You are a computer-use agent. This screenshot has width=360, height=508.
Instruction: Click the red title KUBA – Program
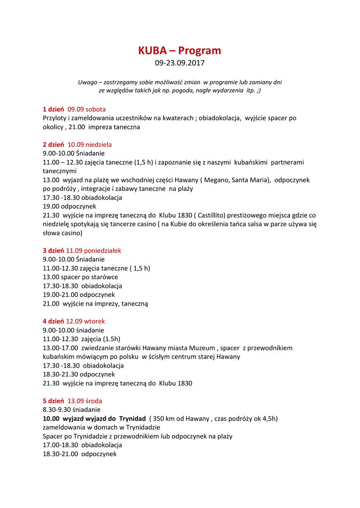(x=179, y=51)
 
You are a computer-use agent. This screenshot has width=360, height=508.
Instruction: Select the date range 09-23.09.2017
(x=179, y=63)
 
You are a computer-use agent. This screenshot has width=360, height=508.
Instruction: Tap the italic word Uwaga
(x=87, y=82)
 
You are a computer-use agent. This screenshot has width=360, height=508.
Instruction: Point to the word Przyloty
(x=55, y=118)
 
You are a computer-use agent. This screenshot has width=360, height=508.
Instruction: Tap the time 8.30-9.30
(x=58, y=410)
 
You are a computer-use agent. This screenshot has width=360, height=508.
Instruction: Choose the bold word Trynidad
(x=133, y=419)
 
